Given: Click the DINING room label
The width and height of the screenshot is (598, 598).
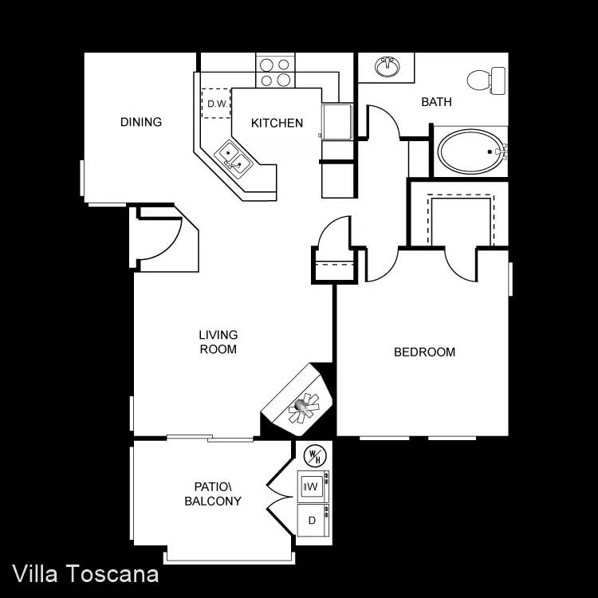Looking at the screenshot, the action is coord(141,122).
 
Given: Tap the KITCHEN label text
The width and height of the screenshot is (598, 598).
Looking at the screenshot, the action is coord(277,123).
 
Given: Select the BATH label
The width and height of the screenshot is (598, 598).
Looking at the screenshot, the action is coord(436,102).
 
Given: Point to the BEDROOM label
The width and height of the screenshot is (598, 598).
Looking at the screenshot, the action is coord(424,352).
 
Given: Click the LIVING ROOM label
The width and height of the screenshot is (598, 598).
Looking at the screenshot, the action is coord(218,342).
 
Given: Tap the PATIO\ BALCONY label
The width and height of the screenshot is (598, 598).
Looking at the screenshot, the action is coord(213,494).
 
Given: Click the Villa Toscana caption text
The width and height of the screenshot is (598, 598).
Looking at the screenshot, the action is coord(85,574).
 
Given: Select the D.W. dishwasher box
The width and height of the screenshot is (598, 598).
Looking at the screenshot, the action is coord(216,104).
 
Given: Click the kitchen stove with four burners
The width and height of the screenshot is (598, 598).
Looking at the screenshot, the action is coord(275,72).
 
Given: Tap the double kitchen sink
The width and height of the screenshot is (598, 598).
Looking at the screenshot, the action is coord(233,157).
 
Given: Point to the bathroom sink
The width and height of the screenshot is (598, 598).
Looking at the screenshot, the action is coord(387,67).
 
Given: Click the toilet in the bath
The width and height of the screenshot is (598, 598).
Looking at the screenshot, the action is coord(486,81).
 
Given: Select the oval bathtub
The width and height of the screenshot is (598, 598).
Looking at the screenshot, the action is coord(470,151).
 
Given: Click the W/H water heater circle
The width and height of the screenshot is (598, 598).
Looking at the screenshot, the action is coord(315,455).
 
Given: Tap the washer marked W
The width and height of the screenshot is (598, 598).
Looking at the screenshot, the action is coord(313,486).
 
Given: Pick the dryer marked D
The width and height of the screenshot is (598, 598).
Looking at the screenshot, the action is coord(313,520).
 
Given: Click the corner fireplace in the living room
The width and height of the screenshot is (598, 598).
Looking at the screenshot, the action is coord(297,399).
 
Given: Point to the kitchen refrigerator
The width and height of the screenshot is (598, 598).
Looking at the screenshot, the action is coord(336,122).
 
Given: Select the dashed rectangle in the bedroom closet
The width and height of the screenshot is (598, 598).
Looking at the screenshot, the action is coord(461,220).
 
